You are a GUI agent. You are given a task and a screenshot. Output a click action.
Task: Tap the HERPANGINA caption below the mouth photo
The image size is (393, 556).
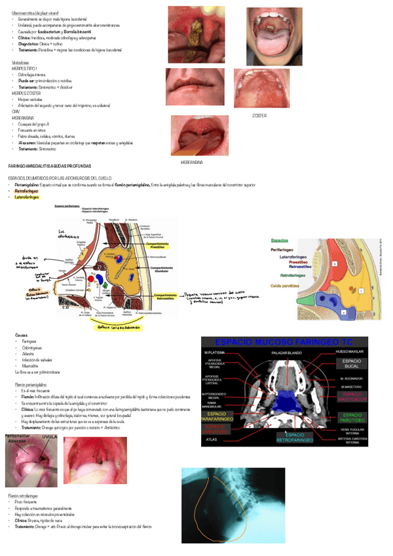coord(191,161)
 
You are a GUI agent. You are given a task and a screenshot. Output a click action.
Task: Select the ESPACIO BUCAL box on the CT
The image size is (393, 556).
coord(352,363)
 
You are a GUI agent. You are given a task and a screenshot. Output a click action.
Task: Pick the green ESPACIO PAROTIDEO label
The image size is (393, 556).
coord(352,418)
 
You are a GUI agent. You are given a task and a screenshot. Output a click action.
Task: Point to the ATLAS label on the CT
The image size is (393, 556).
coord(212,439)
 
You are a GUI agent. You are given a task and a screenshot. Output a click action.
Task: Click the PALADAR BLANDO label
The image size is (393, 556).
coord(285,353)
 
